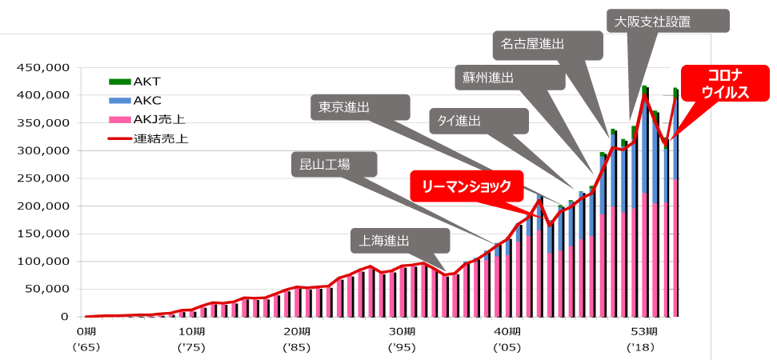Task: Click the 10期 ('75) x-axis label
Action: (x=190, y=339)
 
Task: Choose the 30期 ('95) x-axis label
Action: (x=403, y=339)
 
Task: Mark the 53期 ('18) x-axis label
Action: (x=643, y=339)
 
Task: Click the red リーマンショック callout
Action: (x=466, y=186)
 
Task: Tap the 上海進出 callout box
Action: (x=399, y=241)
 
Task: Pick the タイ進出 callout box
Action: (x=477, y=121)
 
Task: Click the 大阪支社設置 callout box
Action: (x=668, y=22)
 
